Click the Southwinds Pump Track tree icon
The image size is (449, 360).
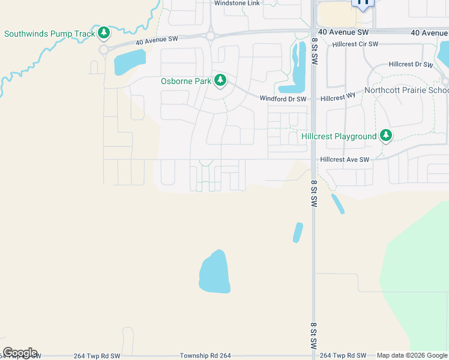pos(104,32)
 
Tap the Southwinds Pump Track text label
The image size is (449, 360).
pos(49,34)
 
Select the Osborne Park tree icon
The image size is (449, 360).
pos(220,80)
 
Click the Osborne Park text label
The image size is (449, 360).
pos(187,81)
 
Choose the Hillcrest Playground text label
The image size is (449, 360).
pos(339,136)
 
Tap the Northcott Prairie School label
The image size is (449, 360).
pos(406,91)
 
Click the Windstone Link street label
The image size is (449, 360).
pos(237,4)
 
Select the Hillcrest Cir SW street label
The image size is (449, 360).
pos(355,44)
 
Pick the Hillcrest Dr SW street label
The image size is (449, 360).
pos(411,64)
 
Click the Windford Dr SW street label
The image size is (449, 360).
pos(283,98)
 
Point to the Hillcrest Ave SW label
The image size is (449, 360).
pos(345,160)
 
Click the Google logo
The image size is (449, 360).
pos(20,353)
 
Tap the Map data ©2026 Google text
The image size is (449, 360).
pos(412,356)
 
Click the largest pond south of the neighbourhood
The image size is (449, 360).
pos(214,272)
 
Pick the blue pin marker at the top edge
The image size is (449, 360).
pos(363,3)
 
